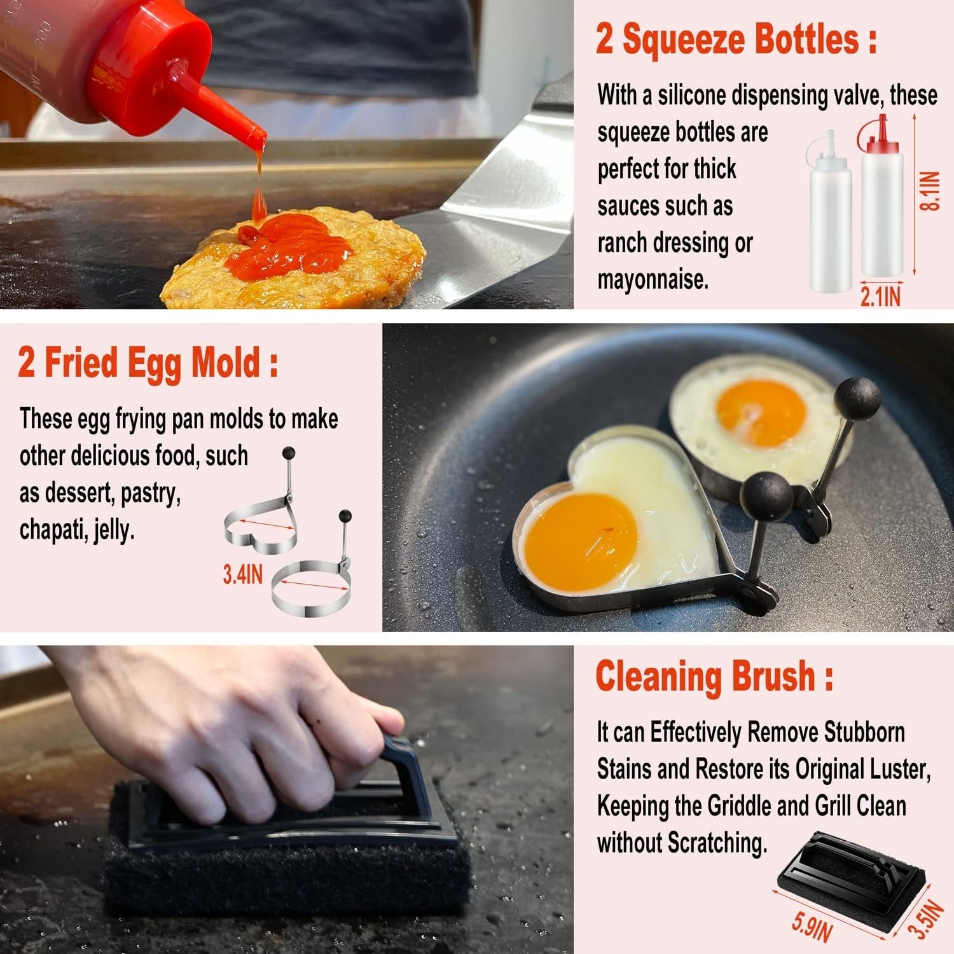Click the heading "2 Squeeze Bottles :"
[736, 39]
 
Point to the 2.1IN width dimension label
[880, 296]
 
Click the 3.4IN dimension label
[242, 575]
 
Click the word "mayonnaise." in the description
[653, 279]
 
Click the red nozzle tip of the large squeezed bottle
[258, 135]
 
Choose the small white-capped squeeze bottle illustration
[829, 213]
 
